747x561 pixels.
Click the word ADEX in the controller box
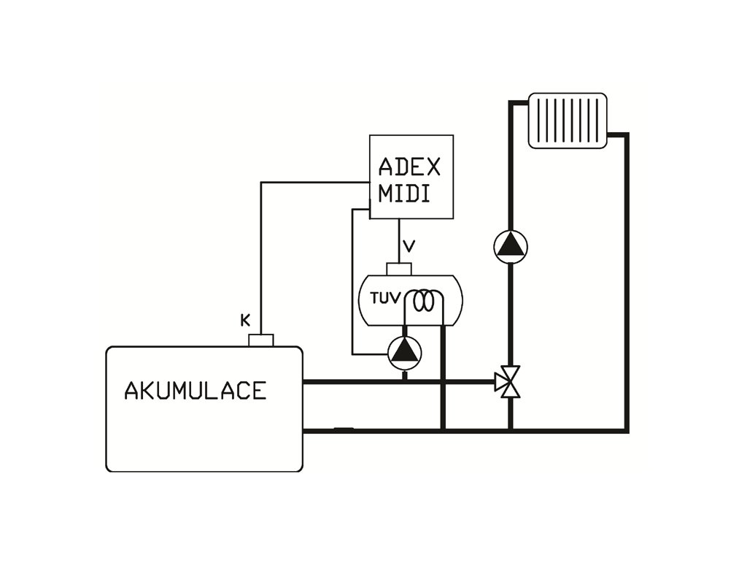pos(409,167)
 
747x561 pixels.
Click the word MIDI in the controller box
pos(403,194)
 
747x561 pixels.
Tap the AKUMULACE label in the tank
pos(195,391)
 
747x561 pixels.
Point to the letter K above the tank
pos(245,319)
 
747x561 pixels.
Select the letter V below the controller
pos(409,246)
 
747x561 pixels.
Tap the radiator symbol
pos(568,120)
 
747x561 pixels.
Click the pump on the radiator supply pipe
pos(510,246)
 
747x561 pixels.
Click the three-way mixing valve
pos(509,381)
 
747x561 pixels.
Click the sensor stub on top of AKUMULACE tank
pos(260,340)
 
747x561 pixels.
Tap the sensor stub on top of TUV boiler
pos(399,268)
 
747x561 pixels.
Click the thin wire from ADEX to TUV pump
pos(352,285)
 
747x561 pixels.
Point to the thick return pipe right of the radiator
pos(627,285)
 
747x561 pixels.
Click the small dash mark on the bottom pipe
pos(344,429)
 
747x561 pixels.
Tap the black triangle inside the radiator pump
pos(510,246)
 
